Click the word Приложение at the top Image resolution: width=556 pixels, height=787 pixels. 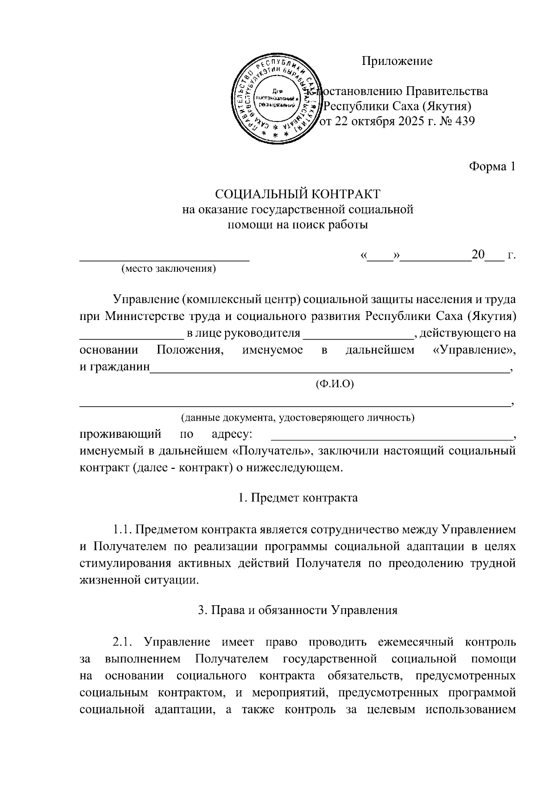[397, 61]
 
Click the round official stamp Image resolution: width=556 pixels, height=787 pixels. [277, 99]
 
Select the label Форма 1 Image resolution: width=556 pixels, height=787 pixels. [492, 166]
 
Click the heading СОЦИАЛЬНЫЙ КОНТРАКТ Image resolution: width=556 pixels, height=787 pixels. [297, 194]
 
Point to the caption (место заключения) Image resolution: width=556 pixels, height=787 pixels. [168, 269]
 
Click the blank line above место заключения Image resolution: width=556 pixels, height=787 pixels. [164, 261]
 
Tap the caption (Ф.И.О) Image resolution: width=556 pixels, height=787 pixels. [334, 384]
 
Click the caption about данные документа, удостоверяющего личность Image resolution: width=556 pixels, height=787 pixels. [297, 418]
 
